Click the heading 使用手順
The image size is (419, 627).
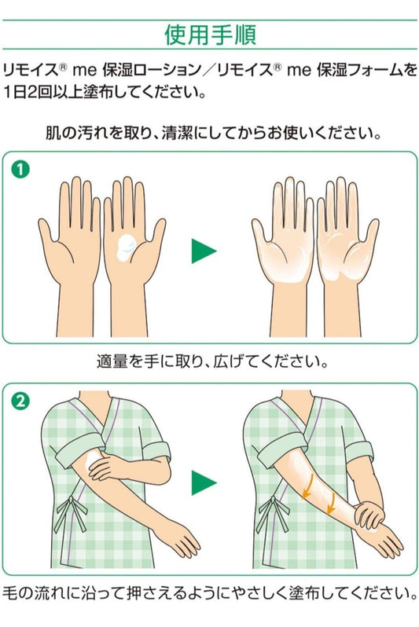tap(210, 35)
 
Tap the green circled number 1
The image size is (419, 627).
tap(20, 170)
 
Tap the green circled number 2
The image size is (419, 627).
tap(20, 401)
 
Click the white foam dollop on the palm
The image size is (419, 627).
tap(127, 247)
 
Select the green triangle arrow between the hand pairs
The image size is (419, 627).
tap(204, 251)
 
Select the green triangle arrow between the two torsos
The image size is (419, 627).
tap(204, 483)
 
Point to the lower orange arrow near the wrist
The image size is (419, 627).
tap(332, 501)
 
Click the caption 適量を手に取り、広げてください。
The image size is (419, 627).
tap(212, 361)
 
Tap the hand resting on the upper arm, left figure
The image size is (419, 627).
tap(107, 466)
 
